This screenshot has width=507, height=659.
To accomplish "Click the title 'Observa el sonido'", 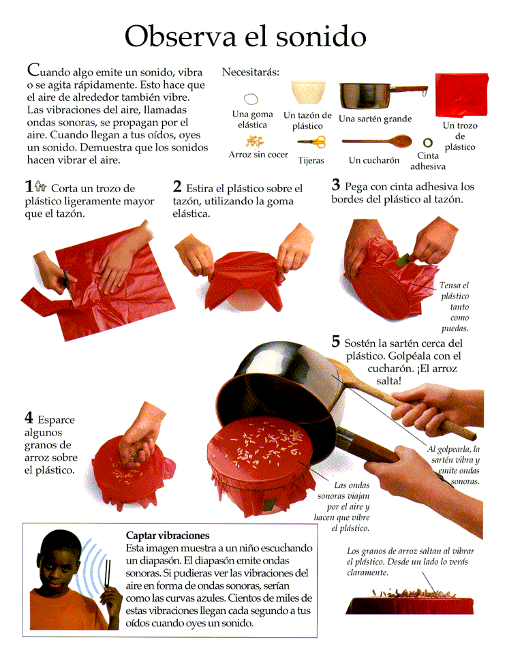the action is point(245,37).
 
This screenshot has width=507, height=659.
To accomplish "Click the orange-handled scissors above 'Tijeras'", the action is point(312,142).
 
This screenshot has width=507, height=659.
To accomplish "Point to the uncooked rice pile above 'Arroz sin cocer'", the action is point(255,141).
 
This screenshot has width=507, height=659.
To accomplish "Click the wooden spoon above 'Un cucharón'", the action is point(377,141).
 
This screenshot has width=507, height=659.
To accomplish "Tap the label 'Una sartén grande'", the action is point(375,119).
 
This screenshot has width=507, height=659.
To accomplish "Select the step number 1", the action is point(29,186).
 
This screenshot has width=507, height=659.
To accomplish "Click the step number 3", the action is point(335,185).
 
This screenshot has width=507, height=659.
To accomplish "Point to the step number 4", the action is point(29,418).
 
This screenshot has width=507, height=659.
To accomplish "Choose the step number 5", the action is point(335,341).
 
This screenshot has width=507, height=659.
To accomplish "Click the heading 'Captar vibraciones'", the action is point(168,536).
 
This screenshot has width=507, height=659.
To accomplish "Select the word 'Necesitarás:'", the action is point(251,72).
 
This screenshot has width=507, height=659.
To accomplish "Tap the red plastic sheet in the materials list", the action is point(461,95).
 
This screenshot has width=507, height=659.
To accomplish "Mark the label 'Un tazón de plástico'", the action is point(307,121).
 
